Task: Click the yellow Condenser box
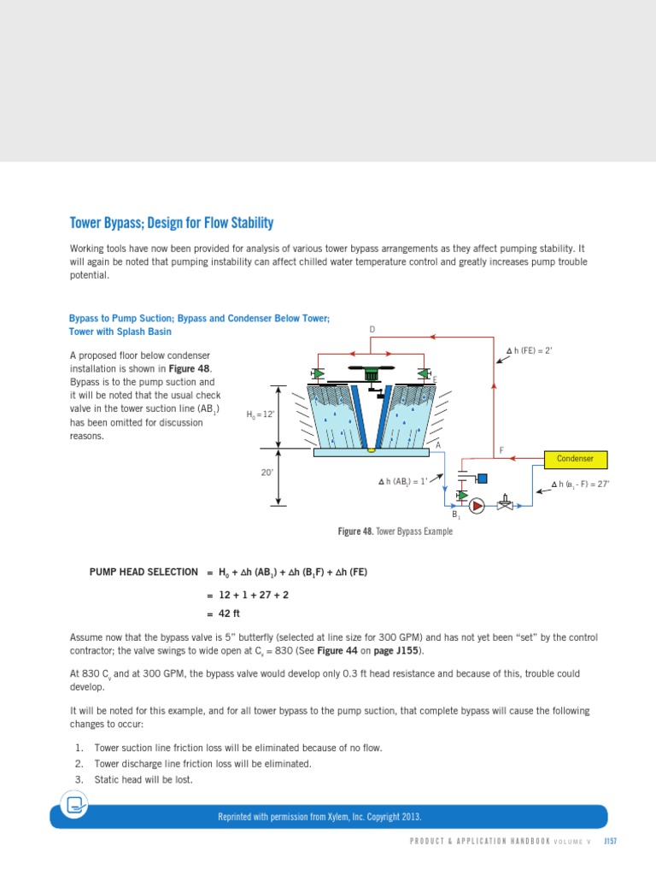tap(576, 459)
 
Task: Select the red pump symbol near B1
tap(477, 505)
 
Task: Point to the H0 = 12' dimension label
tap(261, 414)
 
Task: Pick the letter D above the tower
tap(372, 329)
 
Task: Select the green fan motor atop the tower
tap(371, 373)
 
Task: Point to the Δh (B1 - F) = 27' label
tap(580, 484)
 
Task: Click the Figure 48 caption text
tap(395, 531)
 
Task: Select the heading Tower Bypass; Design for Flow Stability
tap(171, 224)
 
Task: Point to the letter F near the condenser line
tap(501, 450)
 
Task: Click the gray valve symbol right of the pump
tap(507, 503)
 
